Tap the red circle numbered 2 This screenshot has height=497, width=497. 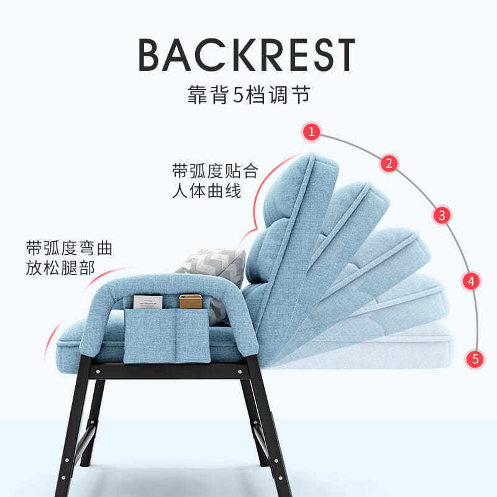(x=389, y=164)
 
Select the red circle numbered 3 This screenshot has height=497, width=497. (x=442, y=216)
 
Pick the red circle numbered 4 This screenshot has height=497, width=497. (x=472, y=281)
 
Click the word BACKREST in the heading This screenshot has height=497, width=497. (x=247, y=55)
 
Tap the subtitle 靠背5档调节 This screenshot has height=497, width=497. (x=248, y=96)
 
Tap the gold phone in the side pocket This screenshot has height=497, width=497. (x=190, y=302)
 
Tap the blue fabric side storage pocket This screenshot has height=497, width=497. (x=166, y=335)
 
